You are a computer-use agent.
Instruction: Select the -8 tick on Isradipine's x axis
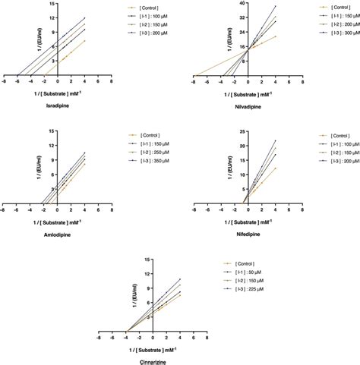click(5, 83)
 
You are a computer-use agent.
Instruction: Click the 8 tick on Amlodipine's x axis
click(111, 210)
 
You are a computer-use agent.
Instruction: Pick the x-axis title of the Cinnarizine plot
click(156, 348)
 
